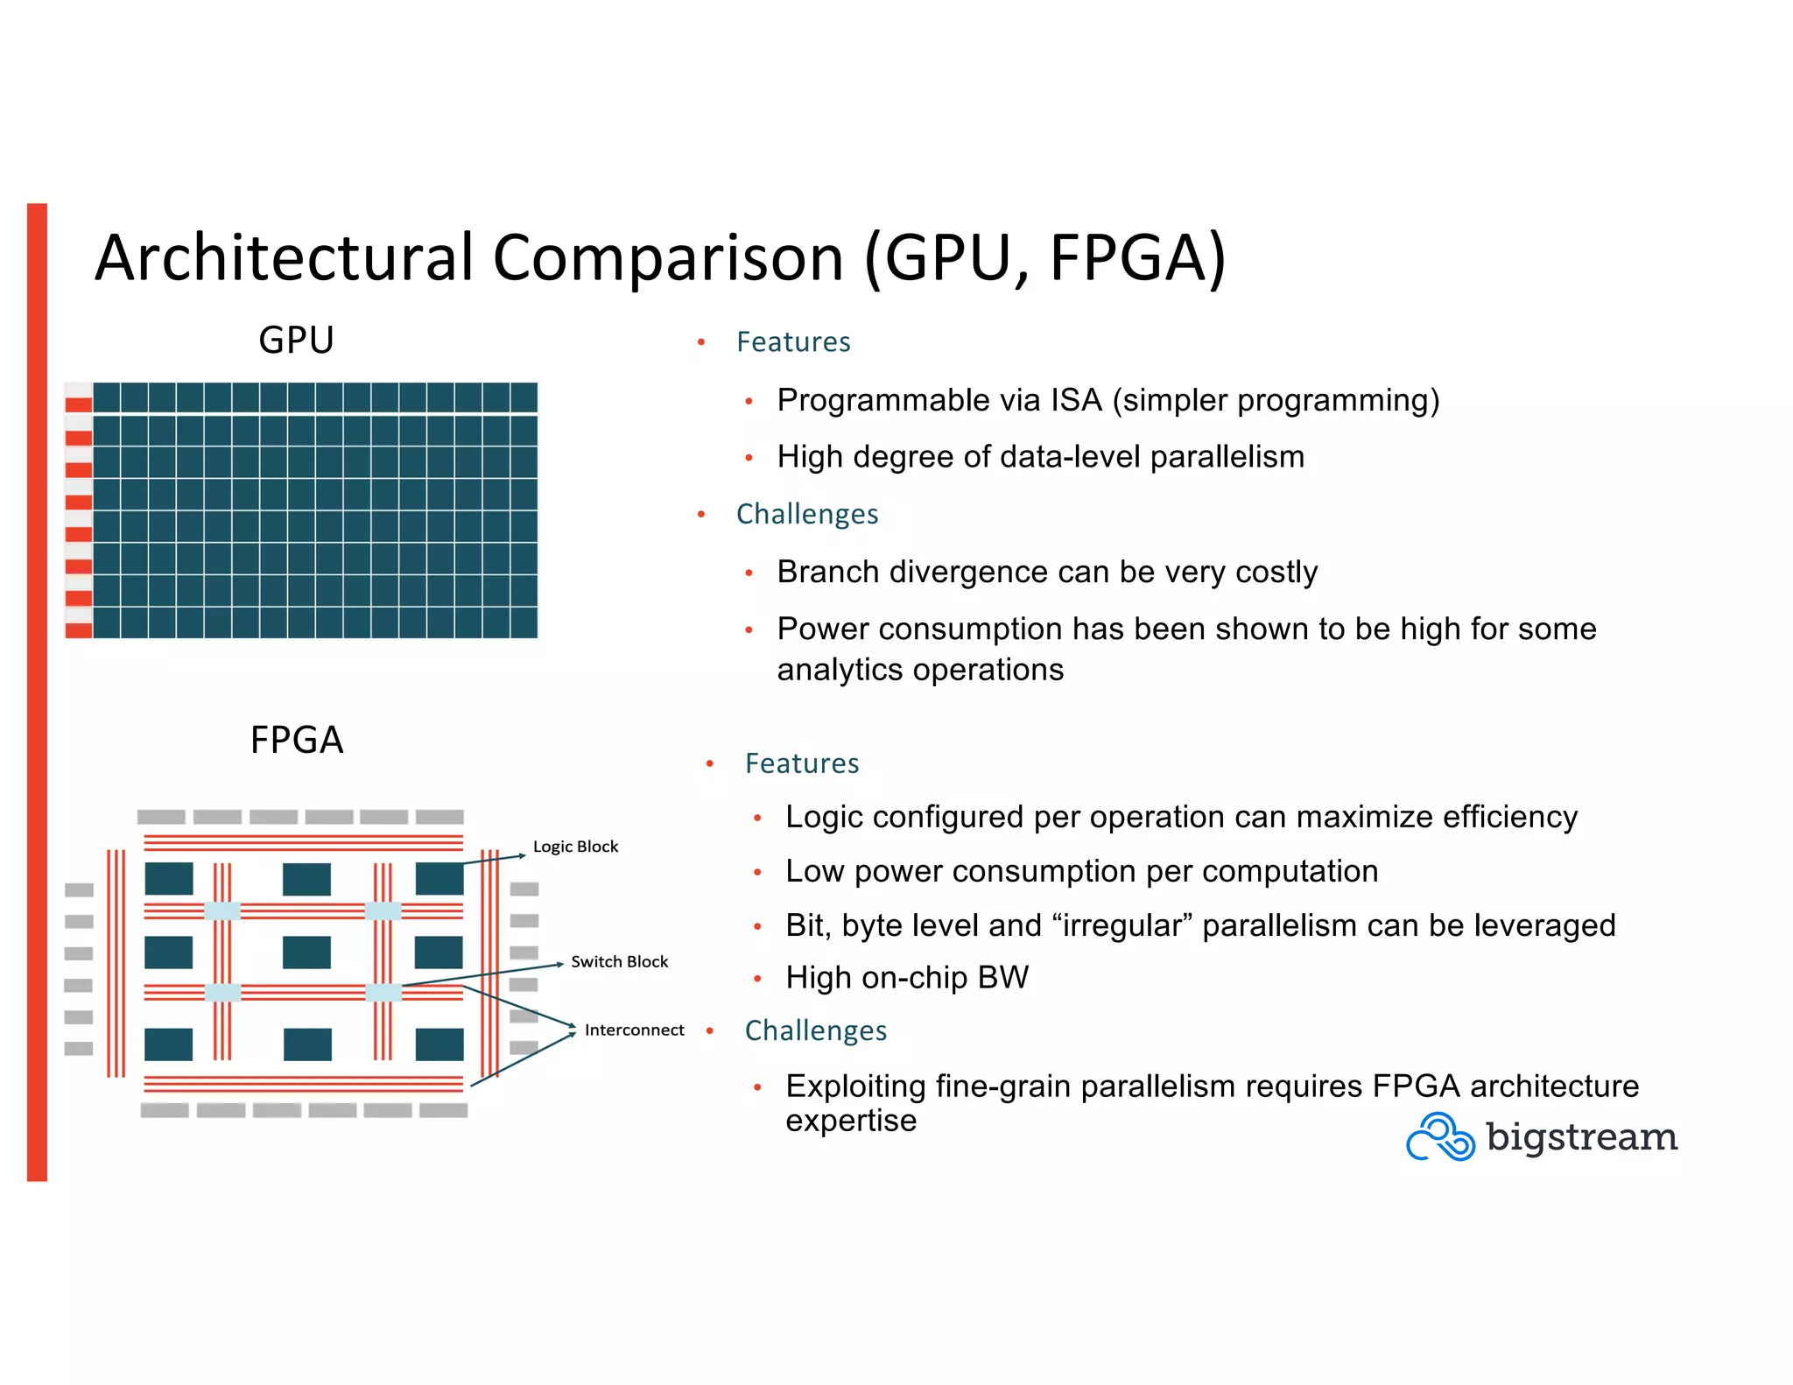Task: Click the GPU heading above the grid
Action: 296,340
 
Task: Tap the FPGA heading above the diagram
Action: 296,740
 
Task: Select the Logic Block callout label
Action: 575,847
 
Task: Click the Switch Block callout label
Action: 619,961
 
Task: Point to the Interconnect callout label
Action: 634,1030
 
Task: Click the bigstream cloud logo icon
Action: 1439,1136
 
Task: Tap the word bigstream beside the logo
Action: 1581,1137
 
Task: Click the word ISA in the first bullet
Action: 1076,400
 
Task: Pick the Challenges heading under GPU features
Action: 806,514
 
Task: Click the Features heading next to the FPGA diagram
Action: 801,763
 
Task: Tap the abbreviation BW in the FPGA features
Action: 1002,977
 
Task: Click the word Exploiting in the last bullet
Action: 855,1086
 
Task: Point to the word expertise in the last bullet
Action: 850,1121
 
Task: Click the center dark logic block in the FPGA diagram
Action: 306,952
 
